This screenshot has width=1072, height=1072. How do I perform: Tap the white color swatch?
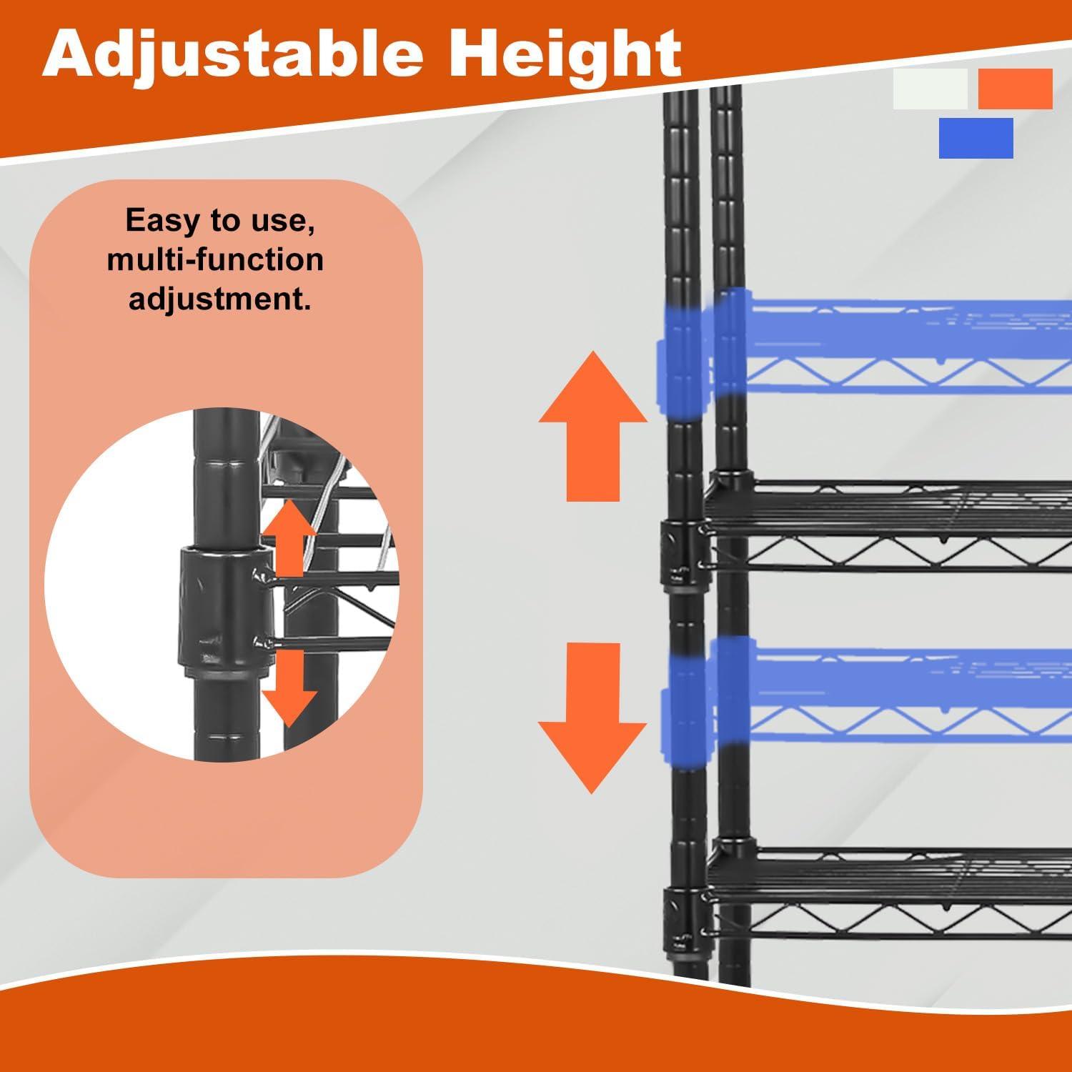(x=930, y=89)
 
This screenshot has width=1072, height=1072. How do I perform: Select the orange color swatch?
(x=1015, y=89)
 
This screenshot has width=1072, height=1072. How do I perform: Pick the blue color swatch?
(x=976, y=138)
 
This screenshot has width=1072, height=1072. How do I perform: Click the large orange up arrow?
(x=593, y=425)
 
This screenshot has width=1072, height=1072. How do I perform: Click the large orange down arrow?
(x=593, y=718)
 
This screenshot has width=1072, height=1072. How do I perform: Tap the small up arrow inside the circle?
(x=289, y=537)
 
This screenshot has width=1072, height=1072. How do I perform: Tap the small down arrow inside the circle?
(x=289, y=684)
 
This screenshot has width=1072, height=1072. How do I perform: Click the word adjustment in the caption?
(x=219, y=298)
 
